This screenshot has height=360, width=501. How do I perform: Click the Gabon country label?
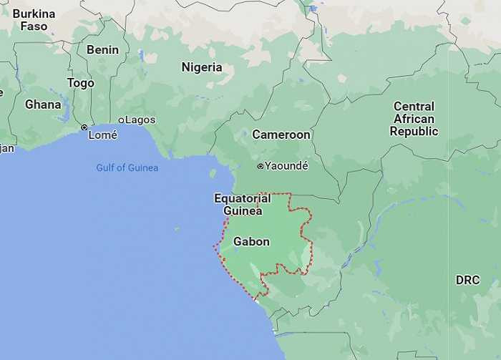(251, 242)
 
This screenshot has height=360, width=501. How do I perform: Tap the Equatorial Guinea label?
(242, 204)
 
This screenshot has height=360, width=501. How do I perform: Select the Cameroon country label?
(281, 135)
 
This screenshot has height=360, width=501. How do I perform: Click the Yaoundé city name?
(286, 166)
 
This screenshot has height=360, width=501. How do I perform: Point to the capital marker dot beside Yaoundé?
(261, 166)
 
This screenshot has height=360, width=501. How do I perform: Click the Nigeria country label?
(201, 67)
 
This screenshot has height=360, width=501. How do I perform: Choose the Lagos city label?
(140, 120)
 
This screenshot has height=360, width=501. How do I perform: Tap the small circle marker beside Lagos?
(121, 120)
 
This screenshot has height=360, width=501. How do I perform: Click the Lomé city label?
(103, 135)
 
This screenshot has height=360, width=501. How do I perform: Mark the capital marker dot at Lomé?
(84, 127)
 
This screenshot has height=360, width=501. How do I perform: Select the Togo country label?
(80, 83)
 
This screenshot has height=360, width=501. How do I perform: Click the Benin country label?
(102, 50)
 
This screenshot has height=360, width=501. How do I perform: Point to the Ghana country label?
(43, 104)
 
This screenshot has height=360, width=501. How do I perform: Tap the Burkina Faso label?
(34, 20)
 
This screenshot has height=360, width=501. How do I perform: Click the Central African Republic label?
(414, 119)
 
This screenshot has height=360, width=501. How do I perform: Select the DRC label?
(467, 280)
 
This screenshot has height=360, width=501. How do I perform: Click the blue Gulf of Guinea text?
(127, 167)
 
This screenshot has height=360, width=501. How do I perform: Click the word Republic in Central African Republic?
(414, 132)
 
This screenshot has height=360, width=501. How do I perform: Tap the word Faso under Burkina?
(34, 26)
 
